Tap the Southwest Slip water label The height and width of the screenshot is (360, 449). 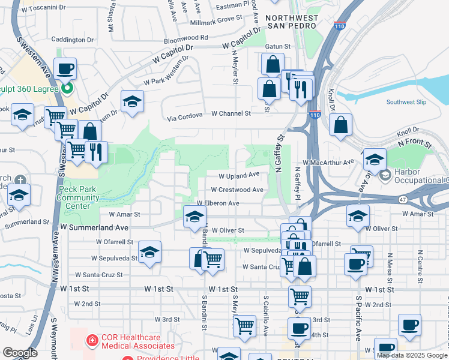pyautogui.click(x=406, y=102)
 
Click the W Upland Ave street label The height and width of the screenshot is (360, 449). pyautogui.click(x=239, y=176)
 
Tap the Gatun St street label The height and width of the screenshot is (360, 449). pyautogui.click(x=279, y=46)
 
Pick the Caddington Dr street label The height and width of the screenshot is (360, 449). pyautogui.click(x=73, y=40)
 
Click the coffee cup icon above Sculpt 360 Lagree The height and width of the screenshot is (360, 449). pyautogui.click(x=65, y=69)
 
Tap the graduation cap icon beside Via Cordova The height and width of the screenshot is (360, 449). pyautogui.click(x=132, y=101)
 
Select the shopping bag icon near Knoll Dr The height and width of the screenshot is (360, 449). pyautogui.click(x=340, y=125)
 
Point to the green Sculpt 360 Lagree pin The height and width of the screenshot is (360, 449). pyautogui.click(x=67, y=89)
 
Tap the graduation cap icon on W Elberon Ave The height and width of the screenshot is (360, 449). pyautogui.click(x=194, y=217)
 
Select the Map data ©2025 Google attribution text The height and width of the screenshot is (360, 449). pyautogui.click(x=412, y=355)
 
